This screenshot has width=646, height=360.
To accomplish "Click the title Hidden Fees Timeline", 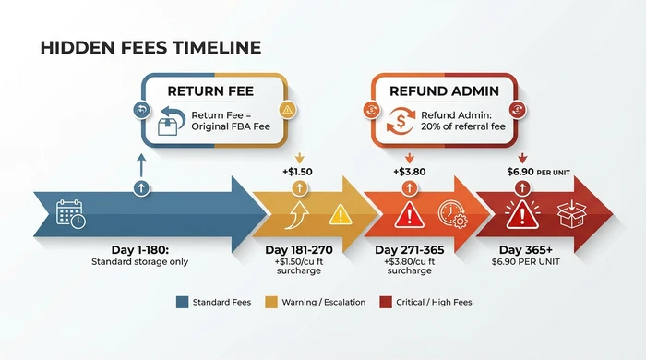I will coord(150,47).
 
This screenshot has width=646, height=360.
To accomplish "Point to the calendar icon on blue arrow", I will coord(71,214).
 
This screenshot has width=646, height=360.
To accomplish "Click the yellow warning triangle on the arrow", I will coord(341,214).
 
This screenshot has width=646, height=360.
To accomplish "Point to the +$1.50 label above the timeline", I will coord(298,172).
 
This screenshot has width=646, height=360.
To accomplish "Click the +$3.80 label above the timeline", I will coord(408,172).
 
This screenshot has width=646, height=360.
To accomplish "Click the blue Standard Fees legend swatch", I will coord(181,302).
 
